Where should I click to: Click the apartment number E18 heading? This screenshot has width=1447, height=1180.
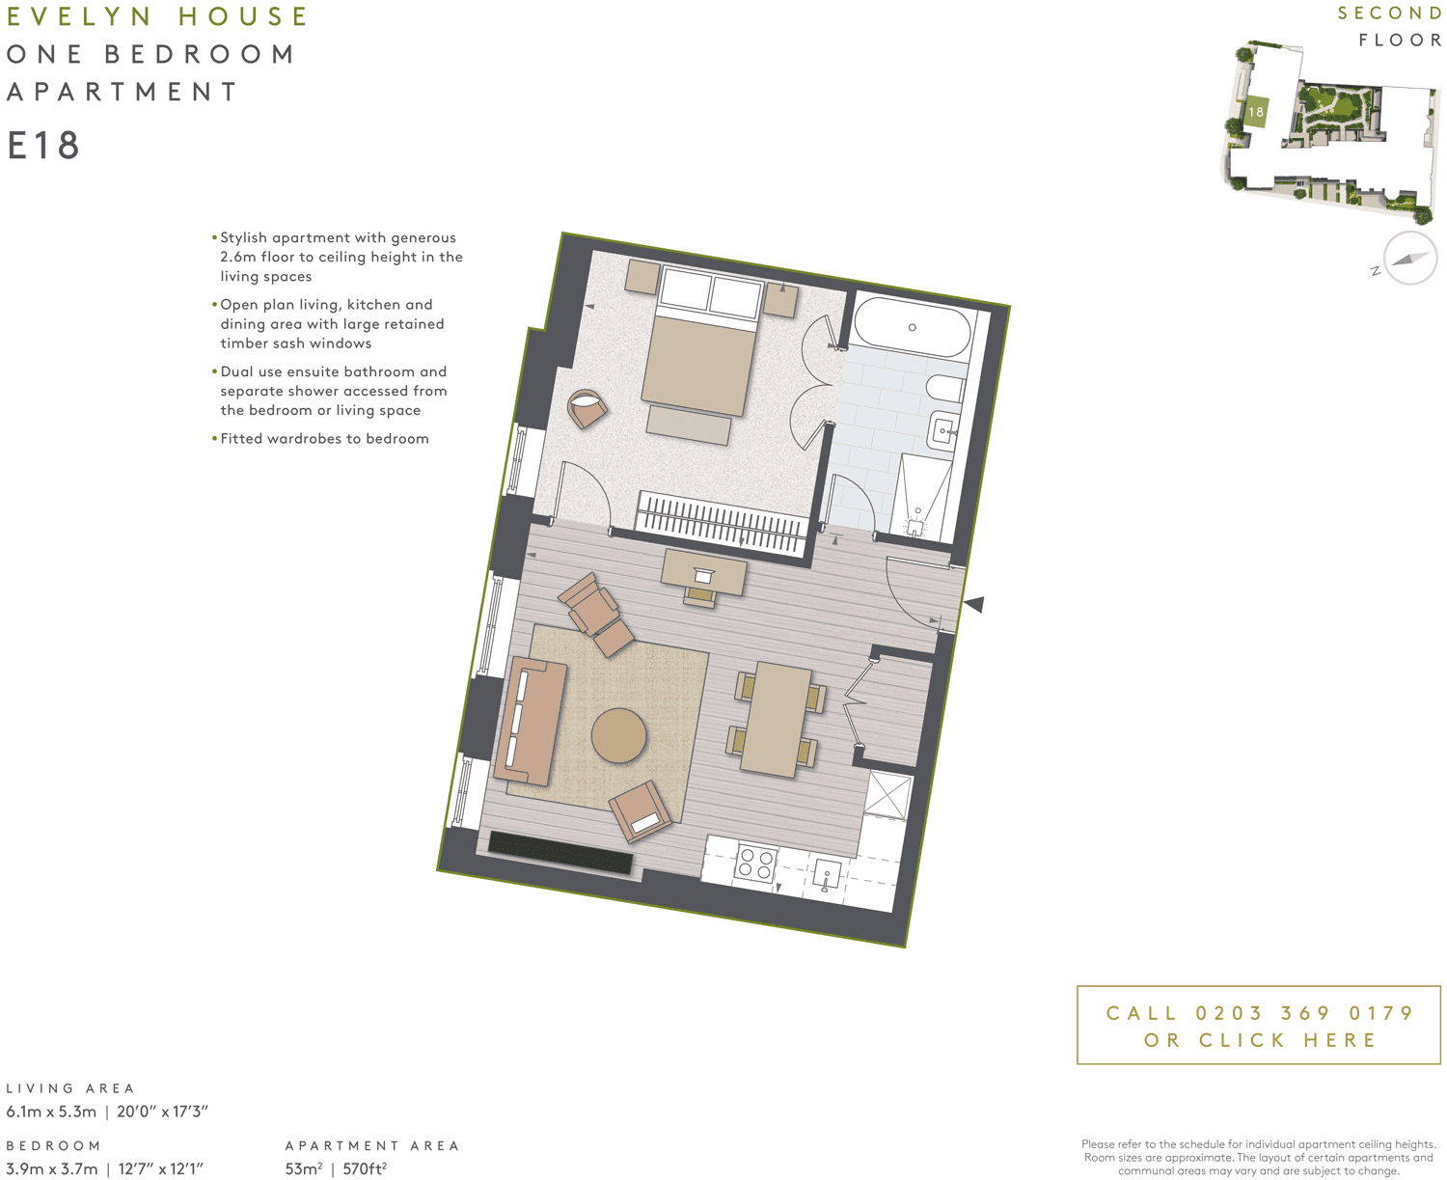pos(43,146)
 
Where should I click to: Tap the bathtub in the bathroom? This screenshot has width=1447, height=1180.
pos(912,328)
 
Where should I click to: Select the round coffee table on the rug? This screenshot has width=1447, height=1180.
pos(618,736)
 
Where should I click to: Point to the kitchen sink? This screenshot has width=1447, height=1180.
pos(826,876)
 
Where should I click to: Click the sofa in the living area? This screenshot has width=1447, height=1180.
pos(529,721)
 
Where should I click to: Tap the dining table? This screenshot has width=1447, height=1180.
pos(778,719)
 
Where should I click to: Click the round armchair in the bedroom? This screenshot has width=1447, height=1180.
pos(587,408)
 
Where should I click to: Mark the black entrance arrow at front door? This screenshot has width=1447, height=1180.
pos(974,605)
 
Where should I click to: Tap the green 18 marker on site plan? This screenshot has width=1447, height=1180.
pos(1255,112)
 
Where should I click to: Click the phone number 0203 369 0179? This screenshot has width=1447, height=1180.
pos(1304,1013)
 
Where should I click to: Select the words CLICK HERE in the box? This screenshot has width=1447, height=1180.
pos(1288,1040)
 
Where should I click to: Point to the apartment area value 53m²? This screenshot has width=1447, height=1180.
pos(303,1168)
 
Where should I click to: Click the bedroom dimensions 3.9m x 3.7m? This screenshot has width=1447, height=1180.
pos(52,1168)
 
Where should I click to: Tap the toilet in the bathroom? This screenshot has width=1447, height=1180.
pos(943,389)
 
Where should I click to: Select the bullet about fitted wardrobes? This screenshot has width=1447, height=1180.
pos(324,438)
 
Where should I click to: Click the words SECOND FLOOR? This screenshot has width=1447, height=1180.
pos(1390,26)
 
